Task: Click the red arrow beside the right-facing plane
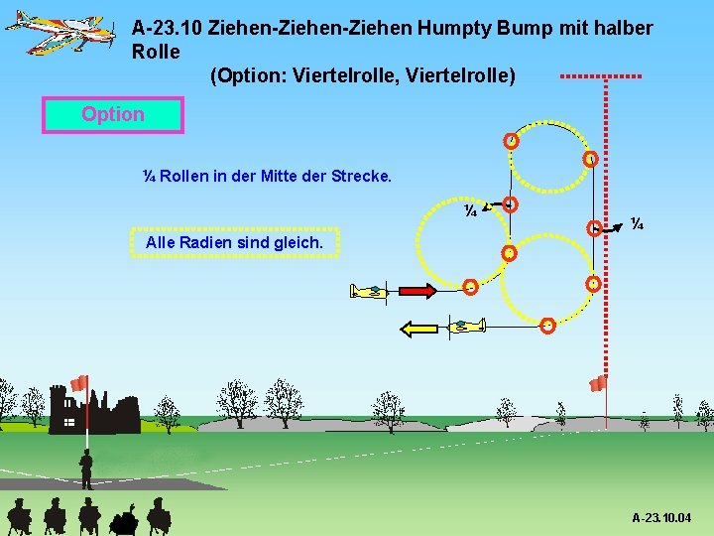coord(416,291)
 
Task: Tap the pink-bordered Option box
coord(113,115)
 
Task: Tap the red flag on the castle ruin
coord(80,383)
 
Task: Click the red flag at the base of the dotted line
coord(598,383)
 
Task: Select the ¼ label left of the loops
coord(472,210)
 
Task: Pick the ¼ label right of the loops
coord(638,224)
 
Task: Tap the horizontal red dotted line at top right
coord(601,76)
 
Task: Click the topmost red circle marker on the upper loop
coord(511,140)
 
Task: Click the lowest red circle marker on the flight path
coord(547,325)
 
